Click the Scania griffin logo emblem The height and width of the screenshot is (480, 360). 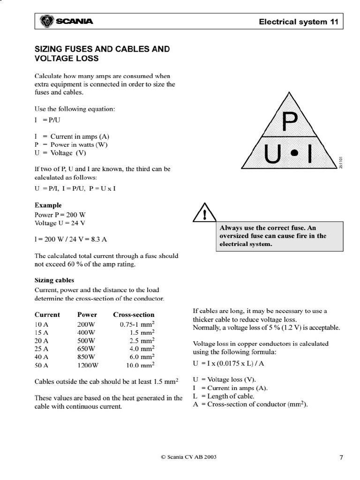pyautogui.click(x=47, y=21)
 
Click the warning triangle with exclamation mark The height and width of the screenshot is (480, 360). pyautogui.click(x=204, y=214)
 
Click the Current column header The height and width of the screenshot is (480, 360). pyautogui.click(x=47, y=315)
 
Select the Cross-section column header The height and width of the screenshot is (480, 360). pyautogui.click(x=134, y=315)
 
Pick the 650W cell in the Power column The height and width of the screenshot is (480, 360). pyautogui.click(x=86, y=348)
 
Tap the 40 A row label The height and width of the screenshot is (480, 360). pyautogui.click(x=42, y=357)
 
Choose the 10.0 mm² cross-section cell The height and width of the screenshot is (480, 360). pyautogui.click(x=141, y=365)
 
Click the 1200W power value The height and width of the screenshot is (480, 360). pyautogui.click(x=88, y=365)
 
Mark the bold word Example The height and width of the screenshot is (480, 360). pyautogui.click(x=48, y=205)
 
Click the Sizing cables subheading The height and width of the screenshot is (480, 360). pyautogui.click(x=54, y=280)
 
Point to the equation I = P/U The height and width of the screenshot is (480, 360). pyautogui.click(x=45, y=120)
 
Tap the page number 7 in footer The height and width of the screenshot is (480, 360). pyautogui.click(x=341, y=458)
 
